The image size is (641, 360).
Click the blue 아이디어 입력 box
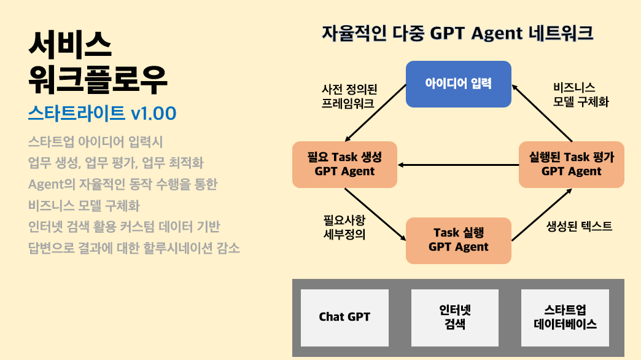(458, 84)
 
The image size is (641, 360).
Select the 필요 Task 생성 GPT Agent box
(344, 164)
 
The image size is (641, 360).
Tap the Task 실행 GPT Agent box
(458, 240)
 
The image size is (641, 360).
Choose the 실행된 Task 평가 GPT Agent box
(571, 164)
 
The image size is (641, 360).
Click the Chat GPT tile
(344, 317)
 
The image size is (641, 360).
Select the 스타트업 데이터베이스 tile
(565, 317)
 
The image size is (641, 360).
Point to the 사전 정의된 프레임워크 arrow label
(348, 96)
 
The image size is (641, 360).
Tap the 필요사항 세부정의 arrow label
(344, 226)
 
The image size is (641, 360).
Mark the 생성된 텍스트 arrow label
(579, 226)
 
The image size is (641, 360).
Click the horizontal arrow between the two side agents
(457, 165)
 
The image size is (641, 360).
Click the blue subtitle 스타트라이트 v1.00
(102, 113)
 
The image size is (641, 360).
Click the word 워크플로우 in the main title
(98, 79)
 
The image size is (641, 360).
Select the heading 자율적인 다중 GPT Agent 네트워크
(457, 33)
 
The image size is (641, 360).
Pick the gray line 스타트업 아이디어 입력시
(95, 142)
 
